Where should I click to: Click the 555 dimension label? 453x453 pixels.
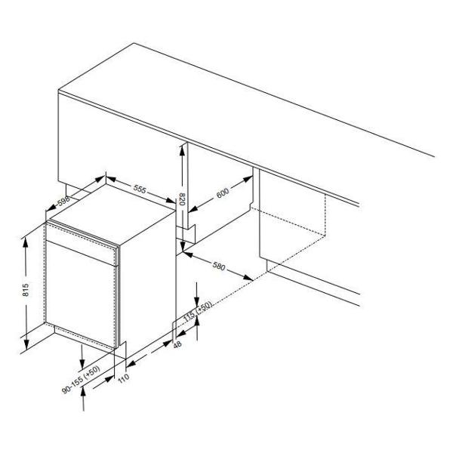pos(140,190)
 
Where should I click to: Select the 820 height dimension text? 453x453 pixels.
pos(182,199)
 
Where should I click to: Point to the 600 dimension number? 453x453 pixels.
pos(223,193)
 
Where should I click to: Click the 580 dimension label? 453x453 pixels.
pos(219,266)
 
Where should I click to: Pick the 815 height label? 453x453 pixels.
pos(26,290)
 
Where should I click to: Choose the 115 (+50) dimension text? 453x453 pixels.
pos(198,311)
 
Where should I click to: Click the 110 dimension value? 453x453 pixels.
pos(124,378)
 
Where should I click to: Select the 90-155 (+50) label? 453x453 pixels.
pos(82,380)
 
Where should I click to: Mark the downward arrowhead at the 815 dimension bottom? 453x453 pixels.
pos(26,344)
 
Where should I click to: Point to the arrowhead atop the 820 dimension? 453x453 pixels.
pos(182,150)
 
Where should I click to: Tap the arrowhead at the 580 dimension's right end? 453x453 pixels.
pos(248,278)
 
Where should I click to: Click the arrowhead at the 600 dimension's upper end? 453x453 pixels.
pos(248,179)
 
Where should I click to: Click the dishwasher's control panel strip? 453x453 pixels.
pos(82,245)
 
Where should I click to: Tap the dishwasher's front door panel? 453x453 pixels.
pos(81,294)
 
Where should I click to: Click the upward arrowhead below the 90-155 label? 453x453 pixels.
pos(84,393)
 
